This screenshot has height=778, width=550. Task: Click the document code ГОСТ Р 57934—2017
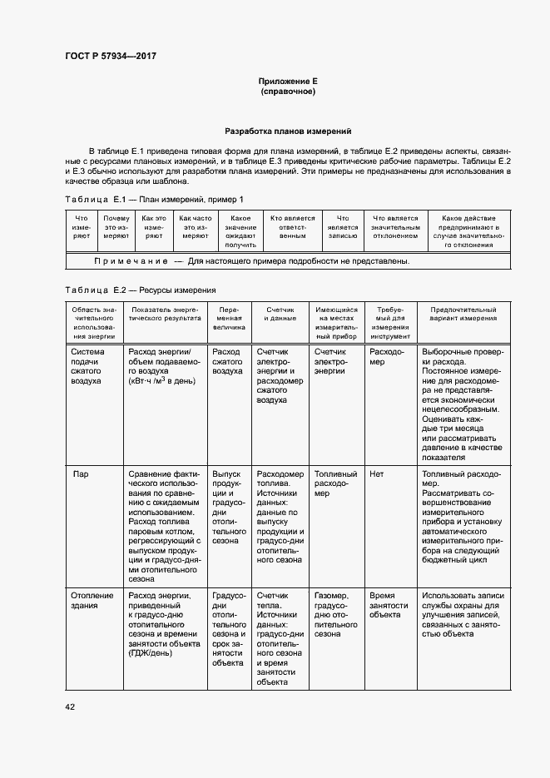click(x=111, y=56)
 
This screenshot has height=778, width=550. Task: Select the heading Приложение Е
click(x=288, y=81)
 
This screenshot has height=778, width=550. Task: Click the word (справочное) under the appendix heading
click(x=288, y=91)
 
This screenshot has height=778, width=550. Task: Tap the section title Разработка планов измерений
click(x=288, y=131)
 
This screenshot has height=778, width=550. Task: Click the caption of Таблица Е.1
click(x=155, y=199)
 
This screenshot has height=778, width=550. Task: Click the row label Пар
click(x=81, y=474)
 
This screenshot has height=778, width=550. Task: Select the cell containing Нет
click(x=376, y=474)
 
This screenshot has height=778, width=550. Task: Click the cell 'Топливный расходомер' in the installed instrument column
click(x=335, y=483)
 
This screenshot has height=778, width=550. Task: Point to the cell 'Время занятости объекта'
click(x=389, y=606)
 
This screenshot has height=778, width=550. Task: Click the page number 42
click(x=70, y=706)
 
